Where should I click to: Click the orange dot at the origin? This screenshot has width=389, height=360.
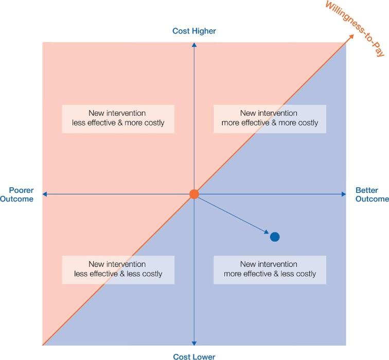(194, 194)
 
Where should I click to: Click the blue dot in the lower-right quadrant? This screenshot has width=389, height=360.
(275, 237)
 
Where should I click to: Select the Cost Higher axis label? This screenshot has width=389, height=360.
(194, 31)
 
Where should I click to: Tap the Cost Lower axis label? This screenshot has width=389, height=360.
(194, 356)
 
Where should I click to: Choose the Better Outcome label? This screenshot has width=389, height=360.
(371, 194)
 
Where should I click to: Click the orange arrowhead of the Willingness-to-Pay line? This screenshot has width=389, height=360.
(351, 37)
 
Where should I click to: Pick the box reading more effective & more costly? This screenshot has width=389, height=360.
(270, 118)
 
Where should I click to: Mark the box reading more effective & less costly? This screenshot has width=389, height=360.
(270, 269)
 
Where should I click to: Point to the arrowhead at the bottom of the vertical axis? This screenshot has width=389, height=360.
(194, 343)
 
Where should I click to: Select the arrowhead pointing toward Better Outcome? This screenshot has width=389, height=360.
(344, 194)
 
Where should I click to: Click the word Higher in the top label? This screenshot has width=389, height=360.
(203, 31)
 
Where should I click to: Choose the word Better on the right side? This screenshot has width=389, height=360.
(371, 189)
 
